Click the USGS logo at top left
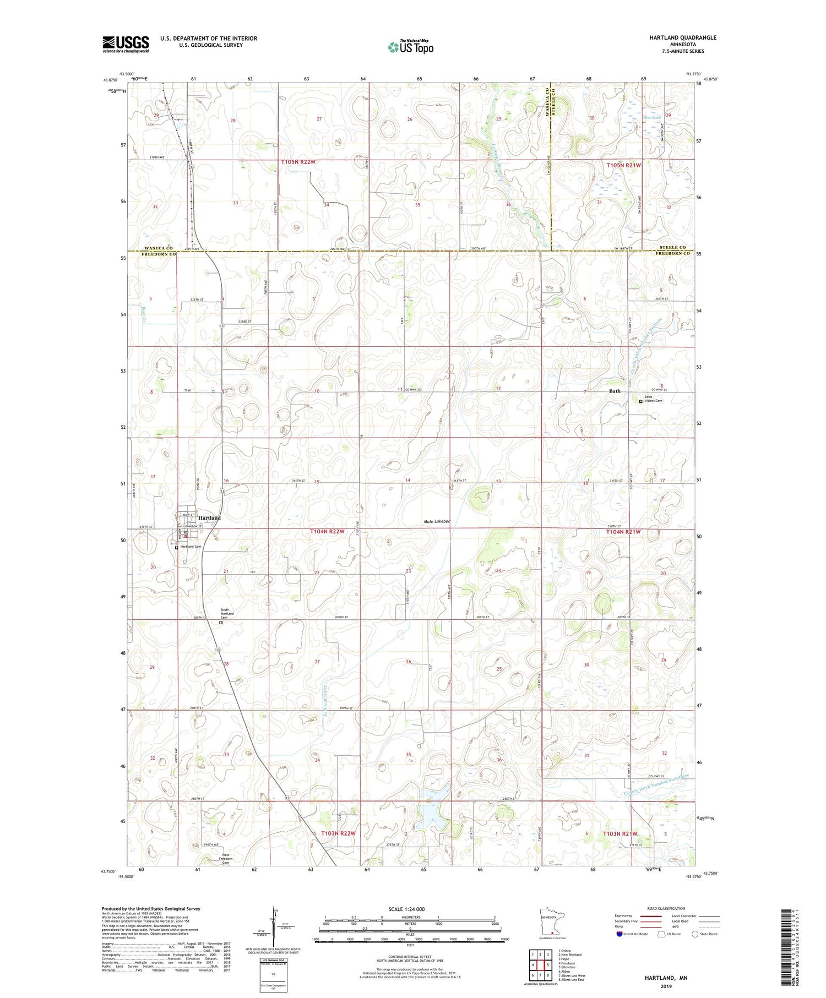coord(126,44)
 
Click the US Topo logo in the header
coord(411,47)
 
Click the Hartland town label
coord(209,518)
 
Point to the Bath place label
coord(615,391)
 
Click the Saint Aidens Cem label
coord(654,399)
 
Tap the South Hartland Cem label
coord(227,613)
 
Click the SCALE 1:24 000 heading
coord(407,909)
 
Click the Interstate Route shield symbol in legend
coord(619,934)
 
